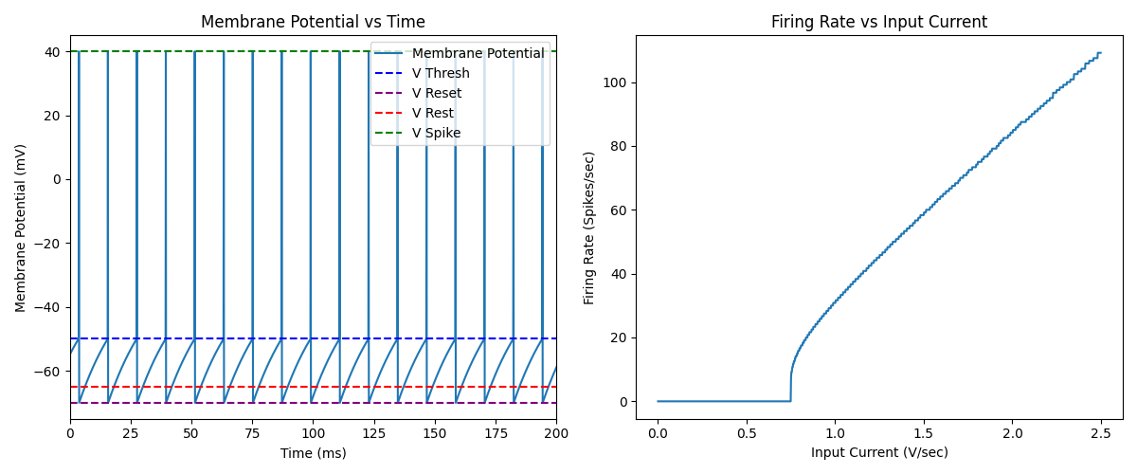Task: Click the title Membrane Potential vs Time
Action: coord(313,22)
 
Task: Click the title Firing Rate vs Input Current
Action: coord(878,22)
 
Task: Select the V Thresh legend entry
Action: coord(441,73)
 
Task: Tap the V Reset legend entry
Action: coord(437,93)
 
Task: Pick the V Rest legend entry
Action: coord(432,113)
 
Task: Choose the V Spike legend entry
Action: coord(436,133)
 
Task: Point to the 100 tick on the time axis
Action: coord(313,433)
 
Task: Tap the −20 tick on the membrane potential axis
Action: coord(47,243)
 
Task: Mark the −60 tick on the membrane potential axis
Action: coord(47,371)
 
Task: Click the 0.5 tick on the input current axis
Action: coord(746,433)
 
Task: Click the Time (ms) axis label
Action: coord(313,453)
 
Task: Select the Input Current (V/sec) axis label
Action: coord(878,453)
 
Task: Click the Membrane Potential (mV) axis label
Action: coord(21,228)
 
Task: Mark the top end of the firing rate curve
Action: coord(1100,52)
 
